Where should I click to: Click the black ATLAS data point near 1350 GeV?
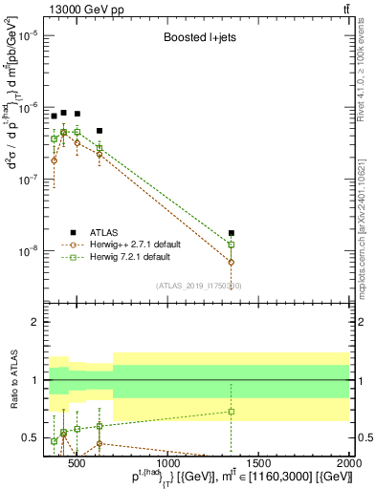point(231,233)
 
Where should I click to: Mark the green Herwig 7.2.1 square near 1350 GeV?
point(231,244)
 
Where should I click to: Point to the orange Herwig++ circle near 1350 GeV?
point(231,262)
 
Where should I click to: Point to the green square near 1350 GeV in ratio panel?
point(231,412)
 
